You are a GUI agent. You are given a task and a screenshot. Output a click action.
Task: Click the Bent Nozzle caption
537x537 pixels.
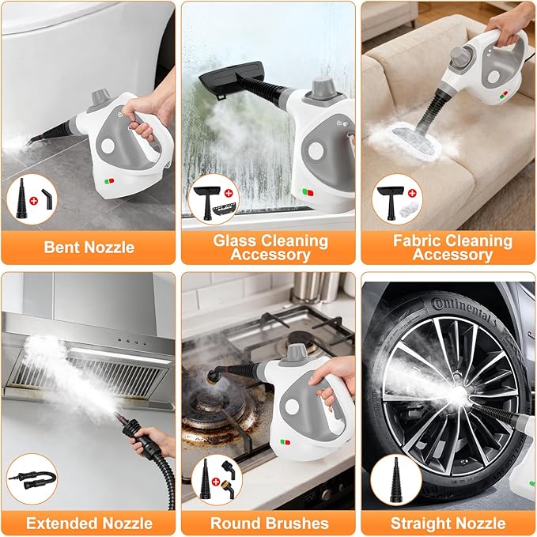89,247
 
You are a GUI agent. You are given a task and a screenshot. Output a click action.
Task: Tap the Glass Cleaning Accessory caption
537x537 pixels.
269,247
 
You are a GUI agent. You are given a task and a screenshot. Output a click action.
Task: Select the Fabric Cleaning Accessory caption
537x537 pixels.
448,247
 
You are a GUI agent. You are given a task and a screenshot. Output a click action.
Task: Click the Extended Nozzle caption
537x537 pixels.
89,523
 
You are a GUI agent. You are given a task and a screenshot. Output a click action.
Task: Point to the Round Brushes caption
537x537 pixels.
269,523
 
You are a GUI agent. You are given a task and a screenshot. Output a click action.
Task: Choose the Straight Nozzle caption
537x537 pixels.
448,523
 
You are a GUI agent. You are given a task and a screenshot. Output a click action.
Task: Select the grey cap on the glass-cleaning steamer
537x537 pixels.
323,87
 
